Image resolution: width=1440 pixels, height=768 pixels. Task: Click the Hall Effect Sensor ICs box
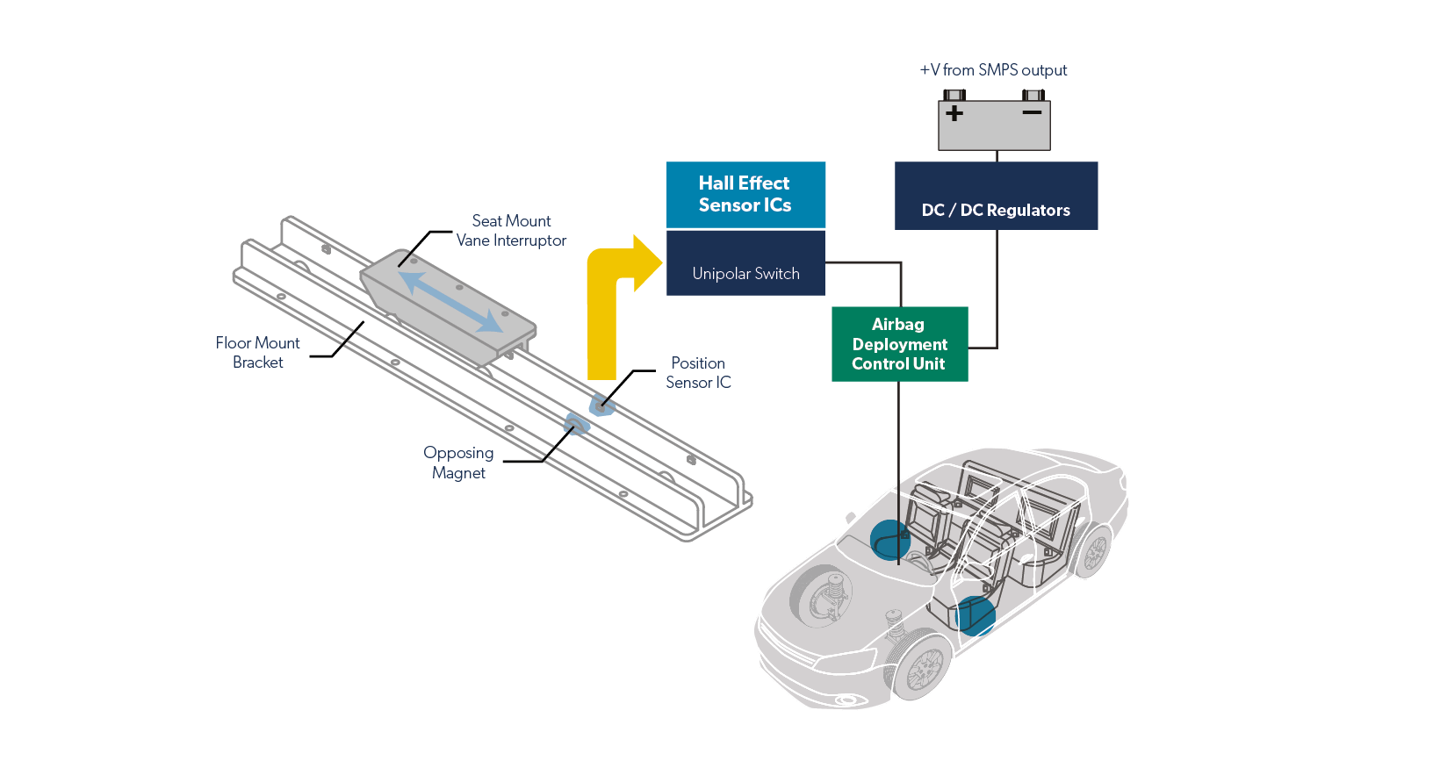(745, 194)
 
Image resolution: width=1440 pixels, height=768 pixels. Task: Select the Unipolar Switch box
(745, 263)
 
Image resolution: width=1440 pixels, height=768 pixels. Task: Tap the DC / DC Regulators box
(996, 196)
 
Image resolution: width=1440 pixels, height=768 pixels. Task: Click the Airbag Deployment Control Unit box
(899, 344)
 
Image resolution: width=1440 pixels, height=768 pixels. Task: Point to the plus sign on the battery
(954, 113)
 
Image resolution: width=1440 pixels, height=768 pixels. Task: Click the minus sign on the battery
(1032, 112)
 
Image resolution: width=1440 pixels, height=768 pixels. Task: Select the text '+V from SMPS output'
(993, 70)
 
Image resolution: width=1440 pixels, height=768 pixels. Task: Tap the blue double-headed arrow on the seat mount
(450, 301)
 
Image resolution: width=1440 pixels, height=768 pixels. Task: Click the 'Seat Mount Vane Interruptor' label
(511, 231)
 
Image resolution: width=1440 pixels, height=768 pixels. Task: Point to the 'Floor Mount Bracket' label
(258, 353)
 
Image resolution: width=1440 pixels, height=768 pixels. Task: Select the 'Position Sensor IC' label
(698, 373)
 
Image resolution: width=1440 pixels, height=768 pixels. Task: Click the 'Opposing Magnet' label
(458, 463)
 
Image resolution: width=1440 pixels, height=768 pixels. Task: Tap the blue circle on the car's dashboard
(889, 540)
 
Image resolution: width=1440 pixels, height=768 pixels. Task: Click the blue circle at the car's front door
(975, 615)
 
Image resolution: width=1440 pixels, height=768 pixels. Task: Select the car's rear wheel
(1093, 551)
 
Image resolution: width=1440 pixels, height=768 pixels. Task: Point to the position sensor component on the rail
(601, 406)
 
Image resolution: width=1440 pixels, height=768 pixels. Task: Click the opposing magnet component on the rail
(576, 425)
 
